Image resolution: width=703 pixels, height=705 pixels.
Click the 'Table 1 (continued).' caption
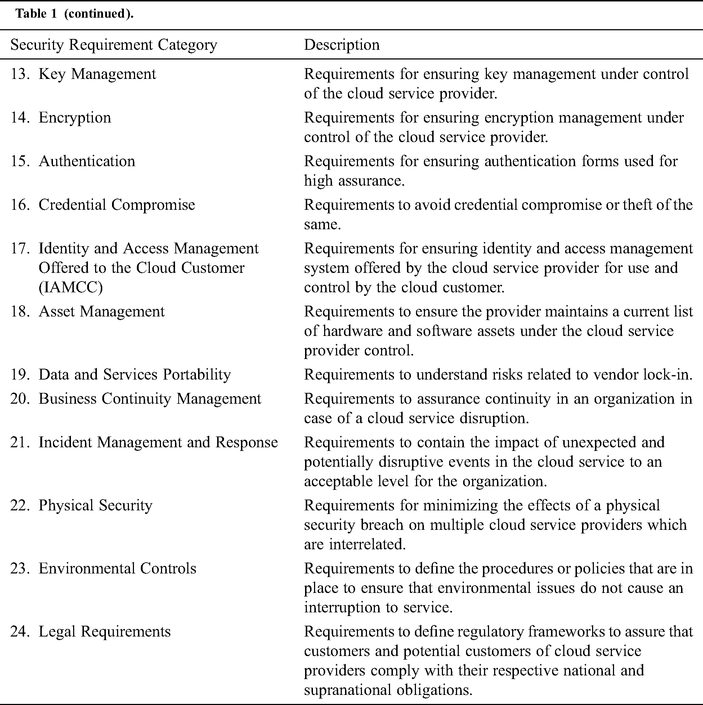tap(75, 14)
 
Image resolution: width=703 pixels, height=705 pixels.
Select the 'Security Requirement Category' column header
tap(114, 45)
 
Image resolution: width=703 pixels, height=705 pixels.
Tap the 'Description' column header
tap(342, 45)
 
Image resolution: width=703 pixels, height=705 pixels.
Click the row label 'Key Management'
tap(97, 74)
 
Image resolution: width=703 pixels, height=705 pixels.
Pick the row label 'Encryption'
tap(75, 117)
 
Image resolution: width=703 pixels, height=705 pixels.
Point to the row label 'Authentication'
tap(87, 161)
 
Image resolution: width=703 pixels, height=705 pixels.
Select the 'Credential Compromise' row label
tap(117, 205)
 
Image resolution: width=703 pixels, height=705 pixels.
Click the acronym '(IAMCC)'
tap(71, 287)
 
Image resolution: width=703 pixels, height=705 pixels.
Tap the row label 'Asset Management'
tap(101, 312)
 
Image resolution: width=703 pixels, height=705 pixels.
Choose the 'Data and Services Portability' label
tap(135, 375)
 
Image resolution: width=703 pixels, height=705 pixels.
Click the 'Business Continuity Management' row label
tap(150, 399)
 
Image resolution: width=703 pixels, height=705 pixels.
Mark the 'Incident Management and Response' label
tap(158, 442)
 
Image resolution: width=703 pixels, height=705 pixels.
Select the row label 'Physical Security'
tap(95, 505)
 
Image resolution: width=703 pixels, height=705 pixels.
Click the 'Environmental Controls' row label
tap(117, 568)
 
